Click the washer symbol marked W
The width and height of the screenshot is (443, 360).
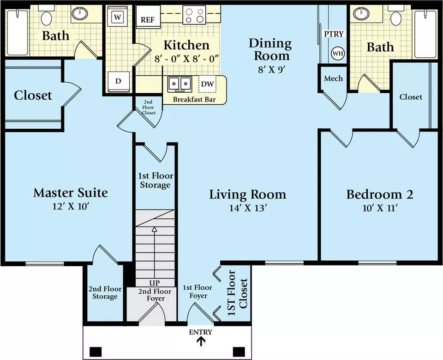(x=118, y=17)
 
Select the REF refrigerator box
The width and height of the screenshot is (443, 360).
(x=148, y=17)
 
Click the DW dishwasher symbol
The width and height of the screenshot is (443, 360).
(x=207, y=84)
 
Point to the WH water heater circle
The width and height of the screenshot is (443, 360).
(x=338, y=53)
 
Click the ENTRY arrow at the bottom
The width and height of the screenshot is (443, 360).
(x=201, y=342)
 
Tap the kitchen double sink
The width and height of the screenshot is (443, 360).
(x=180, y=84)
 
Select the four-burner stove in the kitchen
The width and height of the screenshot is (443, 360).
(x=194, y=15)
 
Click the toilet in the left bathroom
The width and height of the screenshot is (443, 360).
(x=46, y=16)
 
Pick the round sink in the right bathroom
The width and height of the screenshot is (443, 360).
(x=361, y=13)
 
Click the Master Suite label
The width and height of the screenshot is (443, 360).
(x=71, y=193)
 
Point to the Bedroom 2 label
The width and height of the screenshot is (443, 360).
(x=380, y=194)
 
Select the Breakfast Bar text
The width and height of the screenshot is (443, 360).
(x=194, y=100)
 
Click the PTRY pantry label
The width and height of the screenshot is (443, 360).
(x=334, y=34)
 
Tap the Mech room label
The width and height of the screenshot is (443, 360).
(x=333, y=78)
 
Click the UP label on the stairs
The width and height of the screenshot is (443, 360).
(x=155, y=283)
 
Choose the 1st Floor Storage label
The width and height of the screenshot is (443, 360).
(x=156, y=180)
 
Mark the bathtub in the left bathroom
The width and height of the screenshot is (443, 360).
(x=18, y=32)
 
